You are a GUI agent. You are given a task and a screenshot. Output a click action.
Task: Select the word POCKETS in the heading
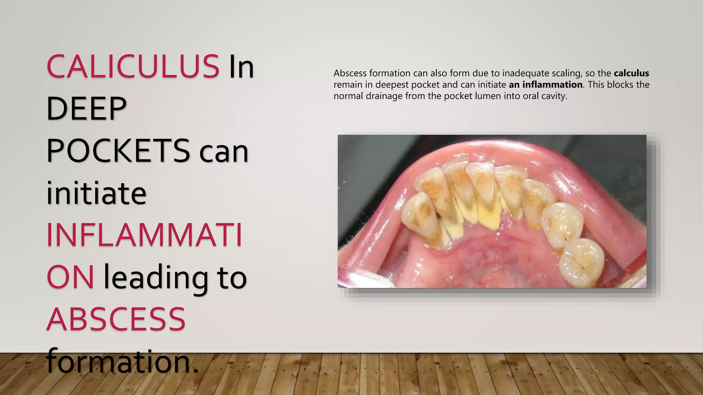pyautogui.click(x=118, y=151)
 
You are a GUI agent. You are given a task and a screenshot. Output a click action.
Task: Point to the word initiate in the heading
pyautogui.click(x=96, y=193)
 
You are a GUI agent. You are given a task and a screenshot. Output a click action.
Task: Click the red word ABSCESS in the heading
pyautogui.click(x=116, y=319)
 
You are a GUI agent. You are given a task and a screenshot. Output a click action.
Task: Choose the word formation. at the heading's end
pyautogui.click(x=122, y=361)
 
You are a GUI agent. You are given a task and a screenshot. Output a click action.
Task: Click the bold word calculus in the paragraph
pyautogui.click(x=631, y=73)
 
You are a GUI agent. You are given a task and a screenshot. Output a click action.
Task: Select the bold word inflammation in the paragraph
pyautogui.click(x=552, y=85)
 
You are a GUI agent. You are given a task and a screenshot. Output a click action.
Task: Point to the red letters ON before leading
pyautogui.click(x=70, y=278)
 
